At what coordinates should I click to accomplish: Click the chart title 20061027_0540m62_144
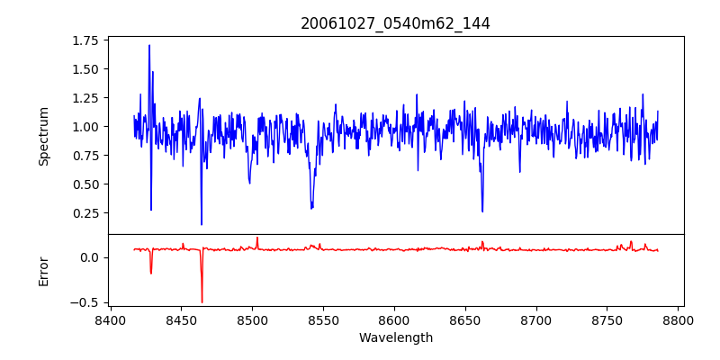pyautogui.click(x=395, y=23)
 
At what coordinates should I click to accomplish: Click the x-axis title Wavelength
pyautogui.click(x=395, y=338)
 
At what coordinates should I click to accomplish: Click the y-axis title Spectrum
pyautogui.click(x=43, y=136)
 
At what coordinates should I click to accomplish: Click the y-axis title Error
pyautogui.click(x=43, y=270)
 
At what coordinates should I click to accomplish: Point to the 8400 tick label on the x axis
pyautogui.click(x=110, y=319)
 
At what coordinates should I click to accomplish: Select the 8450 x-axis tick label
pyautogui.click(x=181, y=319)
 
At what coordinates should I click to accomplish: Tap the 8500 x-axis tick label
pyautogui.click(x=252, y=319)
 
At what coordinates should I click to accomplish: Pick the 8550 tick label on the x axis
pyautogui.click(x=323, y=319)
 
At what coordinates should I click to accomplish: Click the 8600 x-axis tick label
pyautogui.click(x=394, y=319)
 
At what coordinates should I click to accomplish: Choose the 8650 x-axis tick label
pyautogui.click(x=465, y=319)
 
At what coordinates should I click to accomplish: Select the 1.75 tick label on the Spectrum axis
pyautogui.click(x=84, y=40)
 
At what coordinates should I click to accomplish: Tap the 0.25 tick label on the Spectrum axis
pyautogui.click(x=84, y=213)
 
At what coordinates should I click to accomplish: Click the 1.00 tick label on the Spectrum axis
pyautogui.click(x=84, y=127)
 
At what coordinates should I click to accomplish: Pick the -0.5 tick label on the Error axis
pyautogui.click(x=86, y=302)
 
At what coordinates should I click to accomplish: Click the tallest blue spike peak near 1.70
pyautogui.click(x=149, y=45)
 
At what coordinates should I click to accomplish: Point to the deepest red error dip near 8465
pyautogui.click(x=202, y=302)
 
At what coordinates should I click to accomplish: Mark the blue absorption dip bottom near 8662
pyautogui.click(x=482, y=211)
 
